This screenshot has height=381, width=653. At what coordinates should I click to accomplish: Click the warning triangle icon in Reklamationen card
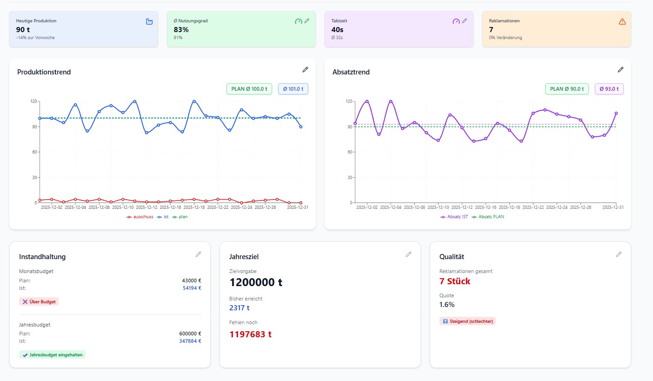point(622,21)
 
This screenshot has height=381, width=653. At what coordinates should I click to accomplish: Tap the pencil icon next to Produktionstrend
point(305,69)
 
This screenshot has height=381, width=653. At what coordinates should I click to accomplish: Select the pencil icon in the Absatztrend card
point(620,69)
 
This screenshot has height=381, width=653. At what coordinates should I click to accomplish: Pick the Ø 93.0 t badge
point(609,89)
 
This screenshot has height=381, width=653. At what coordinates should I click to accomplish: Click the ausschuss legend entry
point(140,217)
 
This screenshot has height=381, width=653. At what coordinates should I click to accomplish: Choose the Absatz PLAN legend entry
point(488,217)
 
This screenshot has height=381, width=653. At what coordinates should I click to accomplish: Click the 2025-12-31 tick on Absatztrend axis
point(613,207)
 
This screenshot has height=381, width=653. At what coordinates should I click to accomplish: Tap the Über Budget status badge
point(39,301)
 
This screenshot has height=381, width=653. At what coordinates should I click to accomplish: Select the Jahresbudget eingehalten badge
point(52,354)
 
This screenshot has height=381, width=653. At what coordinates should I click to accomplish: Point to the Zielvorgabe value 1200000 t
point(256,282)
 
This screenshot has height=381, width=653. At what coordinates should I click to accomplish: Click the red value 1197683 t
point(251,334)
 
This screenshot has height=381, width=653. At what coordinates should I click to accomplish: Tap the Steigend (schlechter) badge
point(467,321)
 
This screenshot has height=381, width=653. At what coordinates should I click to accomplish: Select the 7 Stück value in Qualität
point(455,281)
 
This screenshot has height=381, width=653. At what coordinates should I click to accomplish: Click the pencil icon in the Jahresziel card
point(408,254)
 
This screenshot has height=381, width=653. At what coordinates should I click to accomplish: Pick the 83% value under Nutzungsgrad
point(181,29)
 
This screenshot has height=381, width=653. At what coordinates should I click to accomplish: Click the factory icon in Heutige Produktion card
point(149,21)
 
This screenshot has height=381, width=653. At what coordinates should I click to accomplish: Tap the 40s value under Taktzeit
point(337,29)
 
